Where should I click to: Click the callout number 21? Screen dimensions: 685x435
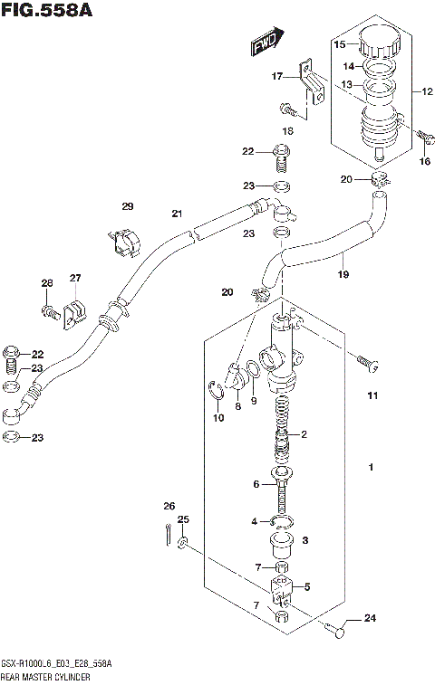[x=178, y=214]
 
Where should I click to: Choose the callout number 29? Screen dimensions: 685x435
[x=128, y=206]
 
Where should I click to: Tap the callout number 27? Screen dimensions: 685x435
[x=75, y=278]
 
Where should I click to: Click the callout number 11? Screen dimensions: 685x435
[x=372, y=396]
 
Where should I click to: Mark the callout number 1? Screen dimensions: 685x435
[x=371, y=467]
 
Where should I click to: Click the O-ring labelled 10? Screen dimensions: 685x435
[x=216, y=392]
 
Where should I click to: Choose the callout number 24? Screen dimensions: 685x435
[x=369, y=619]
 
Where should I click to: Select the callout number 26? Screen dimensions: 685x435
[x=169, y=506]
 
